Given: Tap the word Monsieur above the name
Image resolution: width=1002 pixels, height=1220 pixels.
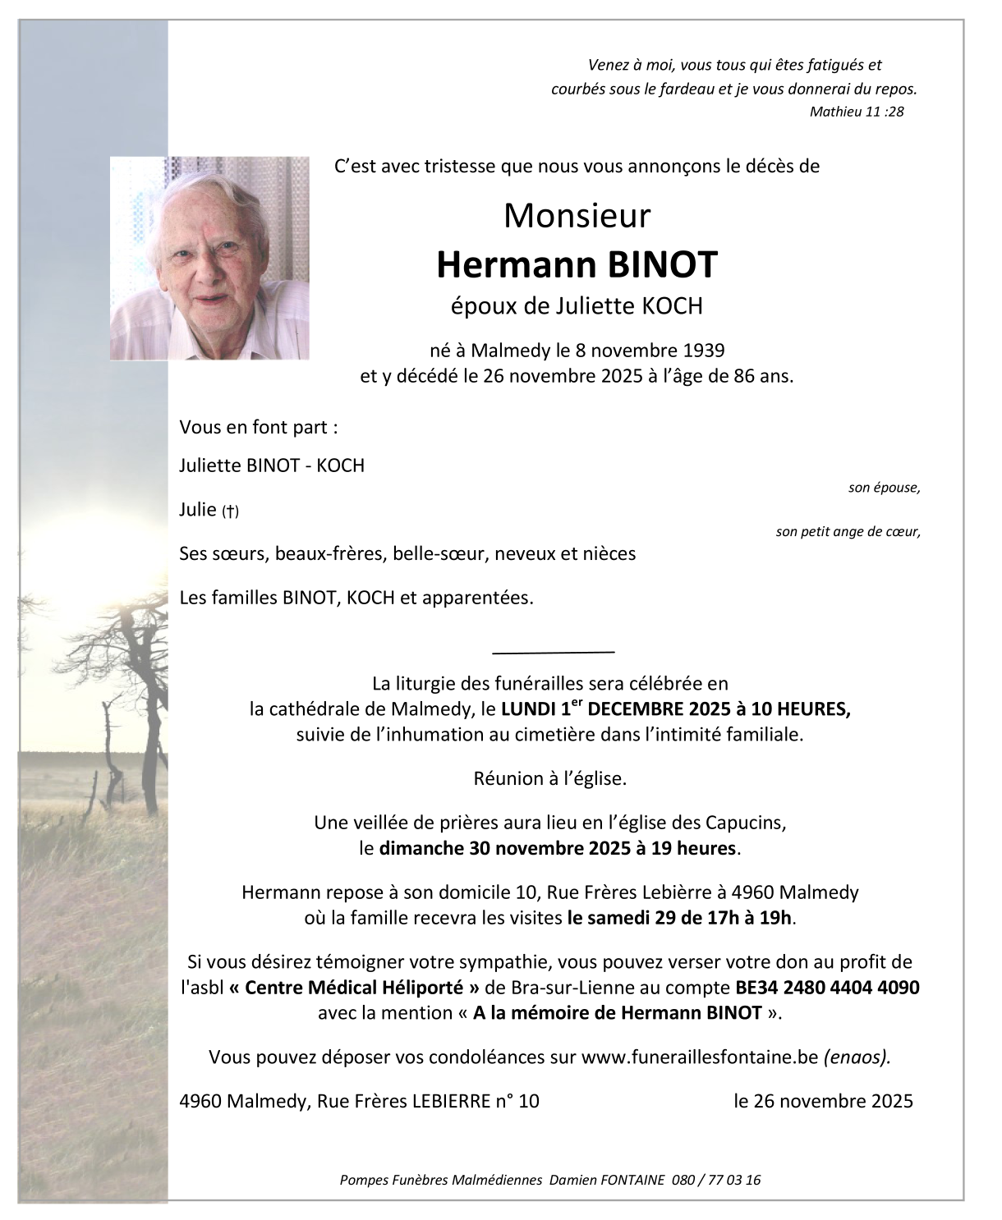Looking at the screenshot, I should click(577, 216).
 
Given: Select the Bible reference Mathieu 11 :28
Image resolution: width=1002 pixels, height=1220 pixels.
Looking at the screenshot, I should click(856, 112).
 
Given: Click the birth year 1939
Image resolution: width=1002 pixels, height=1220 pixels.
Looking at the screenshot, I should click(704, 351).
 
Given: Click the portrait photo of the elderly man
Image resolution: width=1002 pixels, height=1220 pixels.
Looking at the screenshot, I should click(210, 258).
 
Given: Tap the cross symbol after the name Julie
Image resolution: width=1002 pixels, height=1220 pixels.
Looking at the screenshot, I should click(231, 511).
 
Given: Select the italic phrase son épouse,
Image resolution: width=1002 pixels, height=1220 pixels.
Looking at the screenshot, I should click(884, 488).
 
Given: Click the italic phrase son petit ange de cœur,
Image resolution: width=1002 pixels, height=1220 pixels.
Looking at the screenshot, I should click(848, 532).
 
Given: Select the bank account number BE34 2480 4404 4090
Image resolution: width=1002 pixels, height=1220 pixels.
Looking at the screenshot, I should click(827, 987).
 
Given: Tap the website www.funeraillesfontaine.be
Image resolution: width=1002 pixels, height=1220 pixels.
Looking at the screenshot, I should click(700, 1057).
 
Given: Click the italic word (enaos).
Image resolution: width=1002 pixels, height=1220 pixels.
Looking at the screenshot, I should click(857, 1057).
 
